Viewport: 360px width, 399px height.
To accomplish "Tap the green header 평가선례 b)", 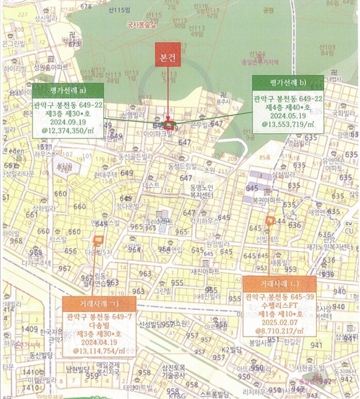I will coord(288,82).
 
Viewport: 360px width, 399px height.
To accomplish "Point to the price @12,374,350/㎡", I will coord(65,132).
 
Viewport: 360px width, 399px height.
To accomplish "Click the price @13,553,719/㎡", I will coord(288,124).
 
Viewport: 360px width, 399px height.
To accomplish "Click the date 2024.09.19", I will coord(65,122).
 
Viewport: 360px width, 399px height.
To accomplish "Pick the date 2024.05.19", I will coord(288,114).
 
